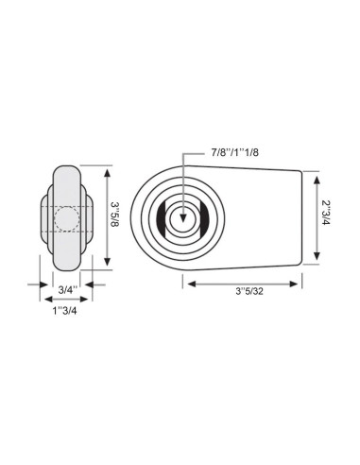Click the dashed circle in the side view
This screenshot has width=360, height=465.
(x=68, y=219)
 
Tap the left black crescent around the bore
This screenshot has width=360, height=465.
(x=166, y=220)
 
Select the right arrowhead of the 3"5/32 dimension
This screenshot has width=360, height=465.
(x=299, y=282)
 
